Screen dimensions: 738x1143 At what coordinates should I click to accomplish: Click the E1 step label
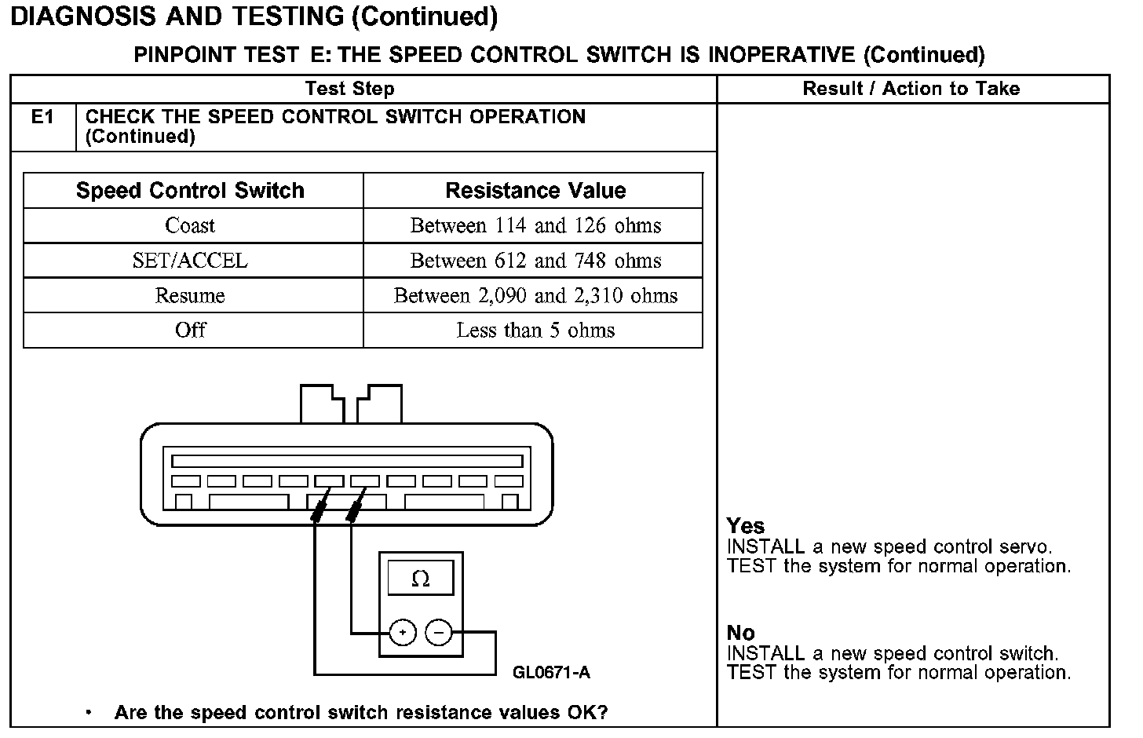(42, 118)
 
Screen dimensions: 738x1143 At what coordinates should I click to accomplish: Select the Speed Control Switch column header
(190, 191)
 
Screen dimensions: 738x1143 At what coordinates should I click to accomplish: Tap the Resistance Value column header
(535, 191)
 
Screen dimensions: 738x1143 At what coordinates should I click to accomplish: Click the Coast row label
(190, 226)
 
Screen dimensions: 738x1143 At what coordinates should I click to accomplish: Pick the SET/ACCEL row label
(190, 261)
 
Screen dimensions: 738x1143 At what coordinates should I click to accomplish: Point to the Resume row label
(190, 296)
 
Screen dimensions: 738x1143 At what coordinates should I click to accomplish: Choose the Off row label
(190, 331)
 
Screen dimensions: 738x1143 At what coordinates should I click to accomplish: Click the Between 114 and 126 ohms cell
(535, 226)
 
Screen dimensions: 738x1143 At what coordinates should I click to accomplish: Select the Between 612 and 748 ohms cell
(535, 261)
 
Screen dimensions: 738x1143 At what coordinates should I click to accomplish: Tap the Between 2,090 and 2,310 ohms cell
(535, 296)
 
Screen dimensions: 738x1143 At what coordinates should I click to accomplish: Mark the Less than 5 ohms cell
(535, 331)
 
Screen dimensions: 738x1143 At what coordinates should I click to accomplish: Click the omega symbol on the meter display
(421, 579)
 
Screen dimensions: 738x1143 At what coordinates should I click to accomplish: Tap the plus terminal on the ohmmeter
(403, 632)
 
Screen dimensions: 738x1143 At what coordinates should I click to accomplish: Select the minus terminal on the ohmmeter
(439, 632)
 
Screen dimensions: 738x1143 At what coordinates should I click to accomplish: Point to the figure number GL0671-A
(551, 673)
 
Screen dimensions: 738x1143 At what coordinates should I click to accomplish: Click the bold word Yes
(745, 526)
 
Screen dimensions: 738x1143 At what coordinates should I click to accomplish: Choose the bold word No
(740, 633)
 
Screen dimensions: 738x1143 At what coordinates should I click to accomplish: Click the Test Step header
(349, 89)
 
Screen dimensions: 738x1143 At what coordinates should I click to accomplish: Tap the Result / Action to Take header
(911, 89)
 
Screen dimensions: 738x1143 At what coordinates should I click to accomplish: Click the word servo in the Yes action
(1025, 547)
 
